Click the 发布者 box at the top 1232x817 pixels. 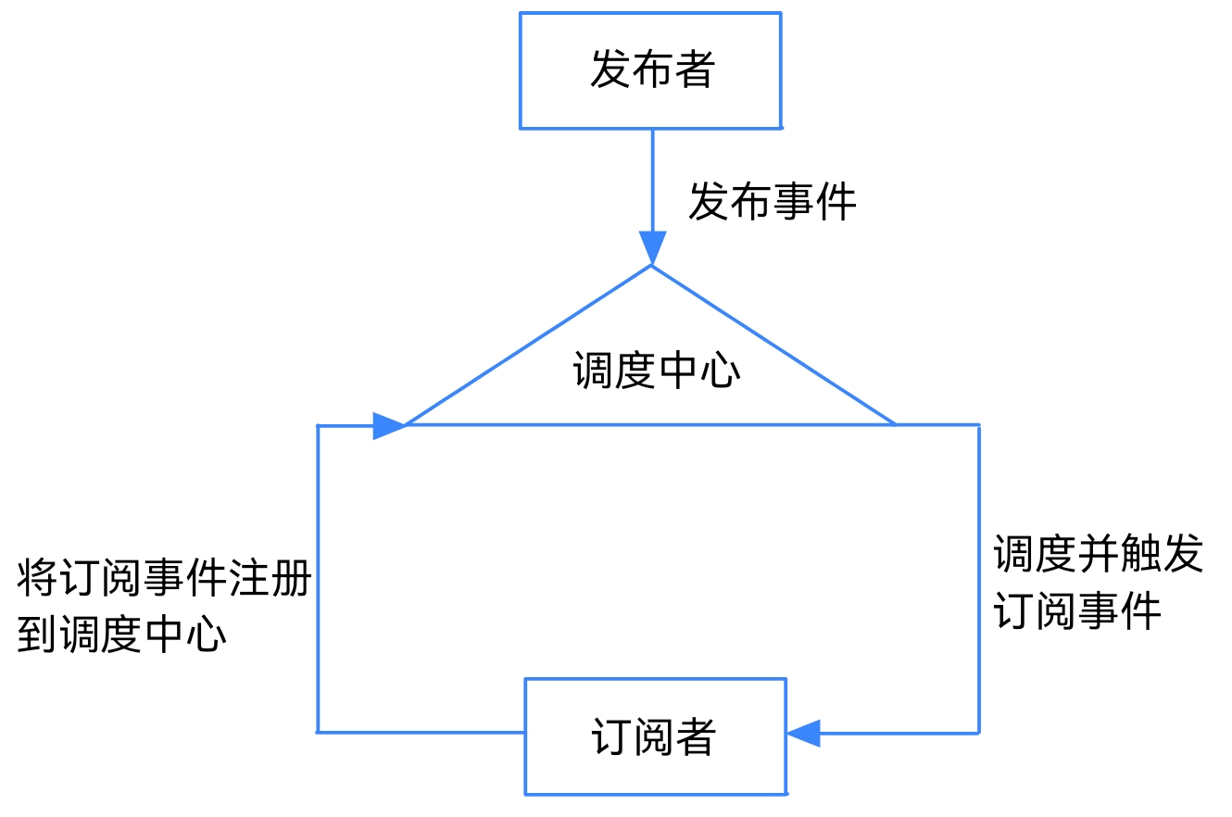pyautogui.click(x=650, y=70)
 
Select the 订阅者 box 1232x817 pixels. pyautogui.click(x=655, y=736)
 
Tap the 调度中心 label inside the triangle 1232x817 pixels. pyautogui.click(x=656, y=371)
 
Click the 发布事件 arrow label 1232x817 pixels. pyautogui.click(x=772, y=201)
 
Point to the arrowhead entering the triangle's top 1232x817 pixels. pyautogui.click(x=652, y=248)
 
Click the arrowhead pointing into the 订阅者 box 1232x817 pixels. pyautogui.click(x=804, y=733)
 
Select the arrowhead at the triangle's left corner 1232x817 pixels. pyautogui.click(x=389, y=425)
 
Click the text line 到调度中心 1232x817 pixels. pyautogui.click(x=121, y=635)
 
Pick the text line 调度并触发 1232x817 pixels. pyautogui.click(x=1098, y=554)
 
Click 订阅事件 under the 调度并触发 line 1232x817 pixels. pyautogui.click(x=1077, y=611)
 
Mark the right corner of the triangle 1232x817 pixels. pyautogui.click(x=895, y=424)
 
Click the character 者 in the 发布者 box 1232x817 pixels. pyautogui.click(x=694, y=70)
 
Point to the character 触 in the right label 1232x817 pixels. pyautogui.click(x=1140, y=554)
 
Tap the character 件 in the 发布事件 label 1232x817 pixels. pyautogui.click(x=836, y=201)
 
